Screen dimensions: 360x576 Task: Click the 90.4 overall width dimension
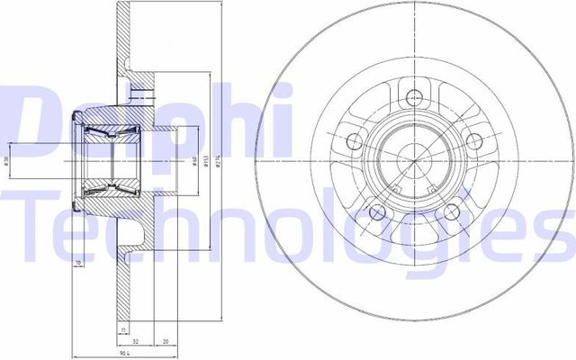click(120, 353)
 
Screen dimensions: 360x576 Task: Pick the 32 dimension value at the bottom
click(135, 343)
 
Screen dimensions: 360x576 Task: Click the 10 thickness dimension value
click(79, 263)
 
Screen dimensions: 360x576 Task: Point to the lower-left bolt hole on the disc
click(376, 211)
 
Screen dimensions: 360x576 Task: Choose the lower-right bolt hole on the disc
click(450, 211)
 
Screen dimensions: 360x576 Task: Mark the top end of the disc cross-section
click(120, 7)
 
